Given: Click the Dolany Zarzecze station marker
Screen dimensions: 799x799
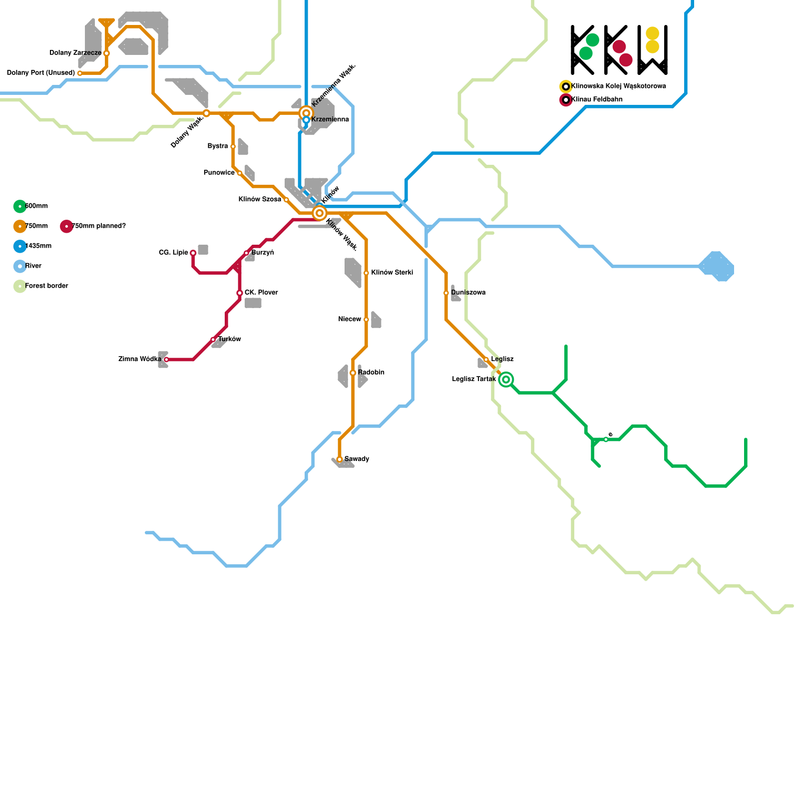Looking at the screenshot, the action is click(x=106, y=53).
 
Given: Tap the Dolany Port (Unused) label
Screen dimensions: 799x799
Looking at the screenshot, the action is click(x=41, y=73).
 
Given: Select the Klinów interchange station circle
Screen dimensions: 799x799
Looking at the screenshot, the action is click(x=320, y=213).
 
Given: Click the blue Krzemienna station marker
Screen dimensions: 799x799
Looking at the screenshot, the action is click(x=306, y=120).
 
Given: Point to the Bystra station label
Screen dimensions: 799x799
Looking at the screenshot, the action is click(x=218, y=146).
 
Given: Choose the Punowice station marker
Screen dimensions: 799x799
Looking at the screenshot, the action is click(x=240, y=173).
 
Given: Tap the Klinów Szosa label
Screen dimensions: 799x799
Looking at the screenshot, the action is click(x=260, y=200).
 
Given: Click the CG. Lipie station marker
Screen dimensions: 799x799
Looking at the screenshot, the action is click(x=193, y=253).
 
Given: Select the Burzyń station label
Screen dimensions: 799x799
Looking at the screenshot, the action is click(x=263, y=253).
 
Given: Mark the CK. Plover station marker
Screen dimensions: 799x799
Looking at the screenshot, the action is click(x=240, y=293).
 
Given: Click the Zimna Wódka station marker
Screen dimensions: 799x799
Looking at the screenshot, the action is click(x=166, y=360).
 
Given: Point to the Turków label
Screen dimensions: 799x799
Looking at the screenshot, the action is click(x=230, y=340).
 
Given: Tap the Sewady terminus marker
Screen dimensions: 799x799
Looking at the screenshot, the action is click(x=340, y=459).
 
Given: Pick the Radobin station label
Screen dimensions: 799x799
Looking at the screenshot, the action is click(x=371, y=373).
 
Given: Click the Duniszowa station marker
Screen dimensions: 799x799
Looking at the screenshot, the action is click(x=446, y=293).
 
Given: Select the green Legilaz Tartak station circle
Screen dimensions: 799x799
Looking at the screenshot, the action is click(x=506, y=380).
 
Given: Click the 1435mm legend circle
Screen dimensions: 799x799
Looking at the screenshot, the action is click(x=20, y=246).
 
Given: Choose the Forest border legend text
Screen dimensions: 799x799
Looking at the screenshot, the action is click(x=46, y=286).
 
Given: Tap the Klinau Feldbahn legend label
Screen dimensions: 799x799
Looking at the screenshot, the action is click(x=597, y=99).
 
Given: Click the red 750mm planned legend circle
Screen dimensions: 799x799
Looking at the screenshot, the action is click(x=66, y=226).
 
